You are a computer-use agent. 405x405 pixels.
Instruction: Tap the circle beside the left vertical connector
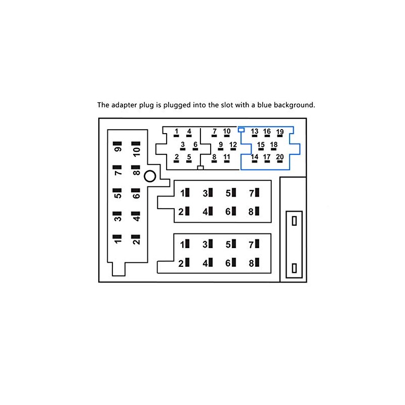(x=150, y=177)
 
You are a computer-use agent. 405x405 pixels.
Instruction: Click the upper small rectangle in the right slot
(x=294, y=221)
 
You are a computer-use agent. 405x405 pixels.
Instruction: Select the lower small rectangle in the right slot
(x=294, y=268)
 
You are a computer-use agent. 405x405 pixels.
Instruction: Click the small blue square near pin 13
(x=241, y=130)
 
